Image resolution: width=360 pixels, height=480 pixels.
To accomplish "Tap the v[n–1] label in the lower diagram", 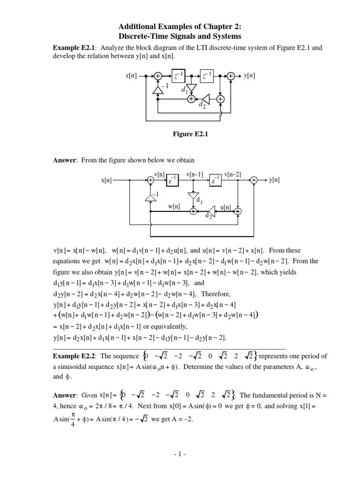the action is (194, 174).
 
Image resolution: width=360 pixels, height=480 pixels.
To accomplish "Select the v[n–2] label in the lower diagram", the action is (232, 174).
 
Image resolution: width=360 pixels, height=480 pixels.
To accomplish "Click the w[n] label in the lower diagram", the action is (174, 206).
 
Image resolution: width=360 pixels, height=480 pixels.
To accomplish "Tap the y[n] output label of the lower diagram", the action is (274, 180).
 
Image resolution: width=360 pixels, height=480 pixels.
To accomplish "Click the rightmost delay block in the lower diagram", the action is (216, 180).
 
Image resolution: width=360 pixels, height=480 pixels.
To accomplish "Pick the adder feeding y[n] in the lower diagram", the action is (254, 180).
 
